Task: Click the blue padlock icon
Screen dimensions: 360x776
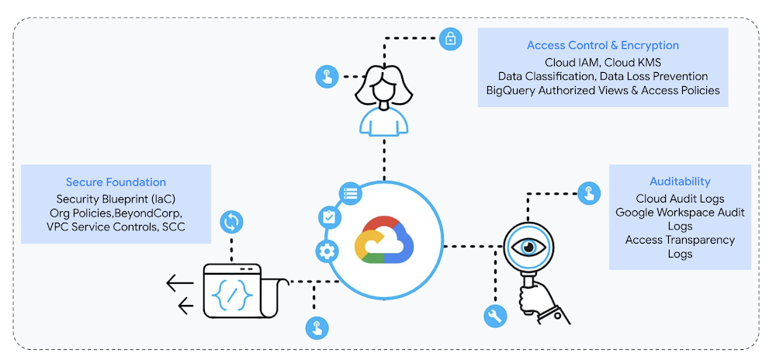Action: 450,39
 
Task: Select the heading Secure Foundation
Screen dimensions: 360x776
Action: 116,182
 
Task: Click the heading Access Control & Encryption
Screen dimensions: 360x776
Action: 603,46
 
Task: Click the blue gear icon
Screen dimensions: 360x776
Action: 327,251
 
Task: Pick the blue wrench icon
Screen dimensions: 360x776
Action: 494,316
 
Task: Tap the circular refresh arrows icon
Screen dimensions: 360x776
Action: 231,223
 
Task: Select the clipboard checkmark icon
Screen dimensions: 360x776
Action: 330,218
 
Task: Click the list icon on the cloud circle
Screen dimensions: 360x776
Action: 350,192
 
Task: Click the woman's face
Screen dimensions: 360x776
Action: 381,88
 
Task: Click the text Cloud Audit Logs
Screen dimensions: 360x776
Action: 680,198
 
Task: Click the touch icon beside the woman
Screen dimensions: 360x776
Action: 327,76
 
